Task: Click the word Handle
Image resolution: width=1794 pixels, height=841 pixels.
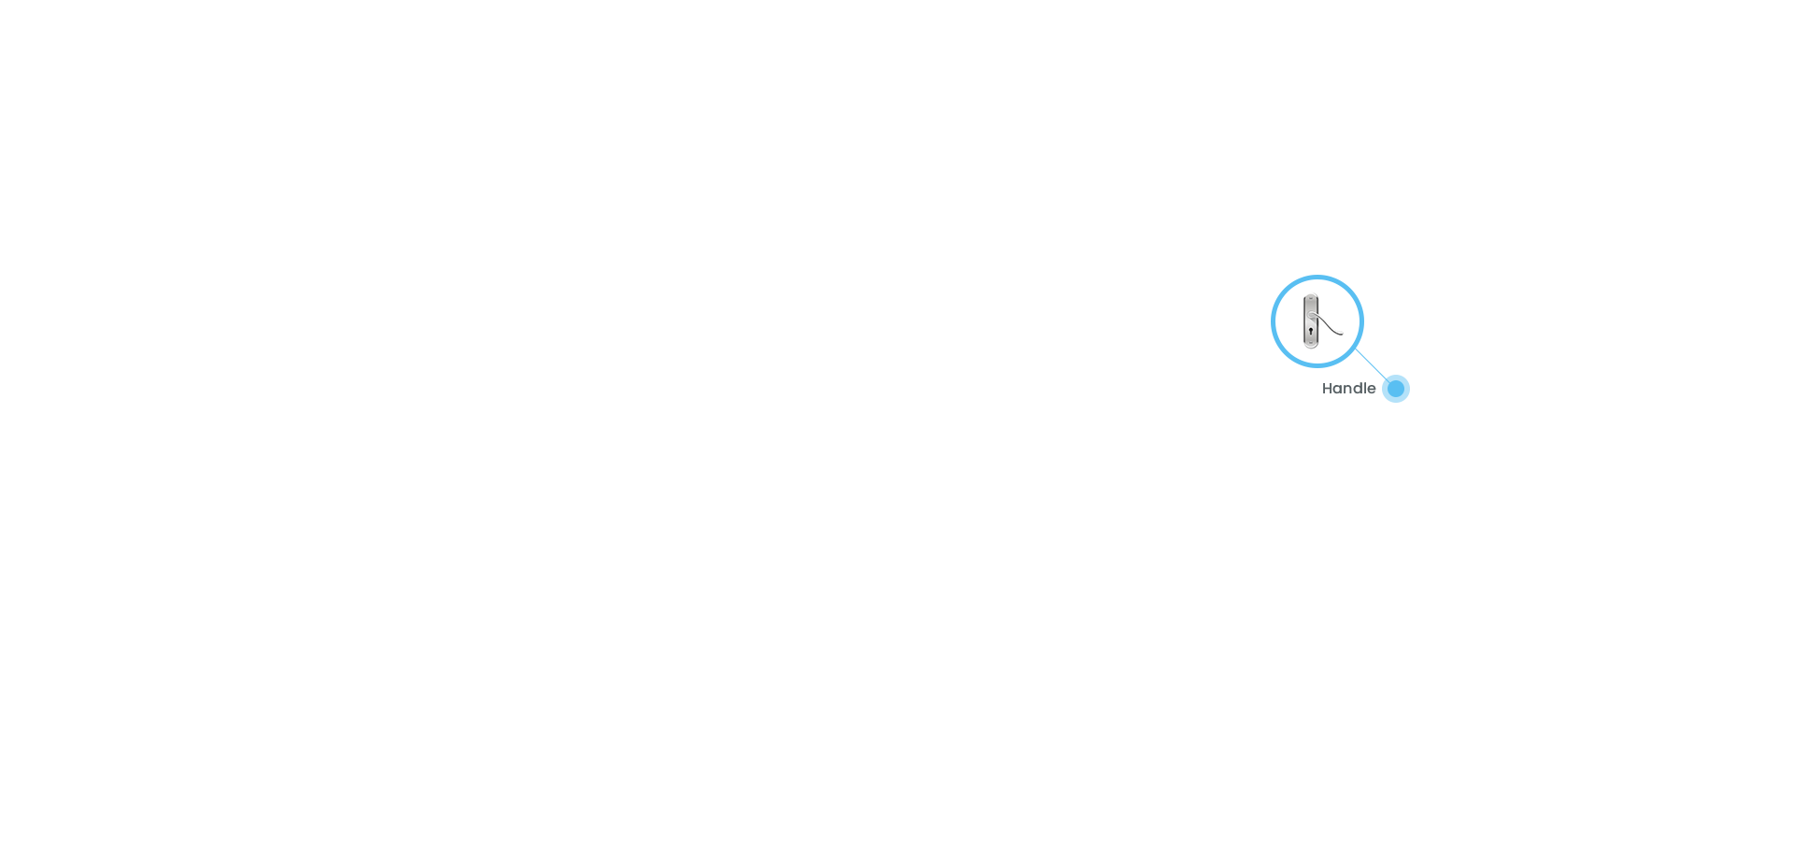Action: point(1348,389)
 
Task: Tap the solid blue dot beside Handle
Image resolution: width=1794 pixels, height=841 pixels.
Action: point(1396,389)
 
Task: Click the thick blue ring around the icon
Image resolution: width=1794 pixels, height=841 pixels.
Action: point(1317,277)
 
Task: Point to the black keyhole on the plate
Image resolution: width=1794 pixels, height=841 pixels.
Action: point(1311,331)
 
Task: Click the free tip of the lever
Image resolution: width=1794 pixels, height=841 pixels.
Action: point(1343,334)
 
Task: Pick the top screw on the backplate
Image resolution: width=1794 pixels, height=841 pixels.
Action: point(1311,299)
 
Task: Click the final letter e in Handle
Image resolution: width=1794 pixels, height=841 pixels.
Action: point(1372,391)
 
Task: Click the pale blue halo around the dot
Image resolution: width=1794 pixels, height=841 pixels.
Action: point(1396,377)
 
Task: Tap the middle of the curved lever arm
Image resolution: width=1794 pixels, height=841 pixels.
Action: point(1328,324)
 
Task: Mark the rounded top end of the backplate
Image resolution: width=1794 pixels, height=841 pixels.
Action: point(1311,296)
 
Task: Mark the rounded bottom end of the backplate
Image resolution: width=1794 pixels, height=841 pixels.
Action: point(1311,346)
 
